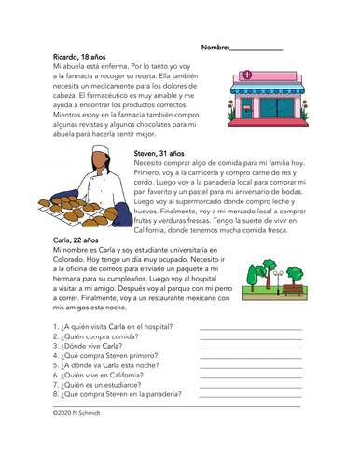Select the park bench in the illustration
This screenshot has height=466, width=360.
tap(296, 292)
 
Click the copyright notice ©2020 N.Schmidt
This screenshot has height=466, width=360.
tap(78, 410)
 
